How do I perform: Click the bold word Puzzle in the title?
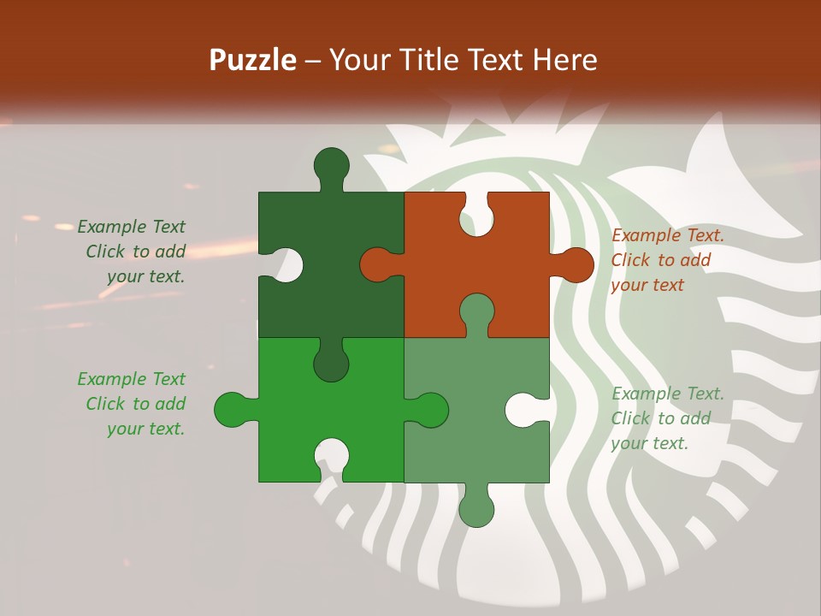pos(253,61)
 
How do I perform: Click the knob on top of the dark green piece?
pos(332,164)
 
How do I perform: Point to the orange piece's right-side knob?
pos(576,265)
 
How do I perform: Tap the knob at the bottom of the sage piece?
pos(476,510)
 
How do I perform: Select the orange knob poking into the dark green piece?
pos(376,264)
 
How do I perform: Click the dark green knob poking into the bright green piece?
pos(331,364)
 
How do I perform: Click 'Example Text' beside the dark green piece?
pos(131,227)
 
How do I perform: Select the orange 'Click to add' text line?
pos(660,260)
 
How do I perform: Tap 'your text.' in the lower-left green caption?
pos(145,429)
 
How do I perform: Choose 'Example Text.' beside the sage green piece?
pos(667,394)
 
